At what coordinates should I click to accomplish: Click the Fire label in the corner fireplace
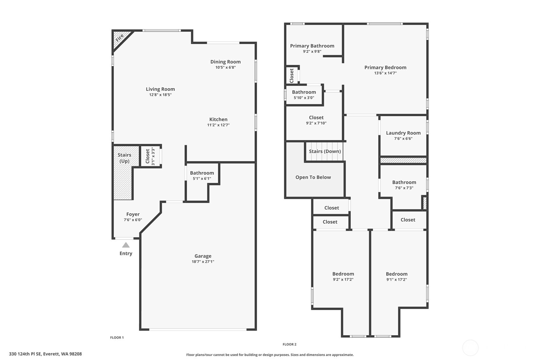120,38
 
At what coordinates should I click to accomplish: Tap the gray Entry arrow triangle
126,245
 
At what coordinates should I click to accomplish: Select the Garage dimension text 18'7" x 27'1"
203,262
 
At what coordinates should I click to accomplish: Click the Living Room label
160,89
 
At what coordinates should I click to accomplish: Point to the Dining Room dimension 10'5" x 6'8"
225,67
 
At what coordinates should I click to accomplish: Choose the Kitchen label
218,119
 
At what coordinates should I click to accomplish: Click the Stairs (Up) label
124,158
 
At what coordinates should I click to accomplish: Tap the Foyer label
133,214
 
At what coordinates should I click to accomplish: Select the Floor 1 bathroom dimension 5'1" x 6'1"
202,179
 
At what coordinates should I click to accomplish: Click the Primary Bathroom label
312,46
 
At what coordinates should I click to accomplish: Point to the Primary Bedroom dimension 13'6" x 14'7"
385,73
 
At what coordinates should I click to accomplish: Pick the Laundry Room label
403,133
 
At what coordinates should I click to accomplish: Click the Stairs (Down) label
325,151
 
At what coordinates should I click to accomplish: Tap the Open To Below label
313,177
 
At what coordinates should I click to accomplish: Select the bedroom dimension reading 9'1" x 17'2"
396,280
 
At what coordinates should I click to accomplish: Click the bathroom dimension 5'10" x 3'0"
304,98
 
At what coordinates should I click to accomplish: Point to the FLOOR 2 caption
290,344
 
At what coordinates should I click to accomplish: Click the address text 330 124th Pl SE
25,354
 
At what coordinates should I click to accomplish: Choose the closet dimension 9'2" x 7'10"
316,123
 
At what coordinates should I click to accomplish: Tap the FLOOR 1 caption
117,338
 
